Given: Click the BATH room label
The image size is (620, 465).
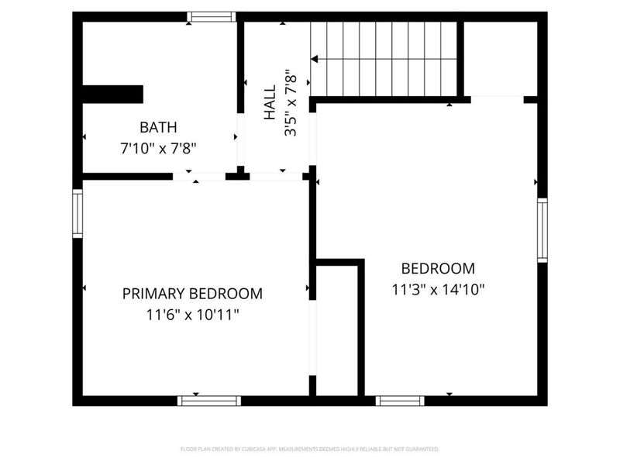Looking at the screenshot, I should tap(158, 127).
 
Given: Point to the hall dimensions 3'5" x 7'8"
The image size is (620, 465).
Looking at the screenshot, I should tap(291, 104).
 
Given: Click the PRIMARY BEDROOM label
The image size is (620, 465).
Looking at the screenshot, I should tap(192, 294).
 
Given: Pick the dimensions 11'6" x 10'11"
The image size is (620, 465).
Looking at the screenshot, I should tap(192, 315).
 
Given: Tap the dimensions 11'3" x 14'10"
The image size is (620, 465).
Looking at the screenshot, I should tap(438, 290).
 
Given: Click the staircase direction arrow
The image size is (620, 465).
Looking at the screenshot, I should tap(315, 58).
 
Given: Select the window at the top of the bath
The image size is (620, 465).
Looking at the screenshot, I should tap(211, 16).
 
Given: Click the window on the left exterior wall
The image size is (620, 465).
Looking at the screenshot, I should tap(77, 213).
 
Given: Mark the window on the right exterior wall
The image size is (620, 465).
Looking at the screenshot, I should tap(542, 230).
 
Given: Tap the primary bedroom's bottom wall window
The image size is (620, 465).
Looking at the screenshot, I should tap(209, 401).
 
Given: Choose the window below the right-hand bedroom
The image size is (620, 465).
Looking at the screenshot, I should tap(400, 401).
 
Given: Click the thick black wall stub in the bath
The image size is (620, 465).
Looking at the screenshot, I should tap(113, 94).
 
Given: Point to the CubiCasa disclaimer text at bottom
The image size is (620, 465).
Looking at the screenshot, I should tap(310, 449).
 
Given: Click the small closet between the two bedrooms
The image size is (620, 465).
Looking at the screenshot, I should tap(337, 329).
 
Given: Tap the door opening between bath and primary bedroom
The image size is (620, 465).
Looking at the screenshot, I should tap(198, 177).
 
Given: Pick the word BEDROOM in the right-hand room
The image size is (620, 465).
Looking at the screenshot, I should tap(438, 269).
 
